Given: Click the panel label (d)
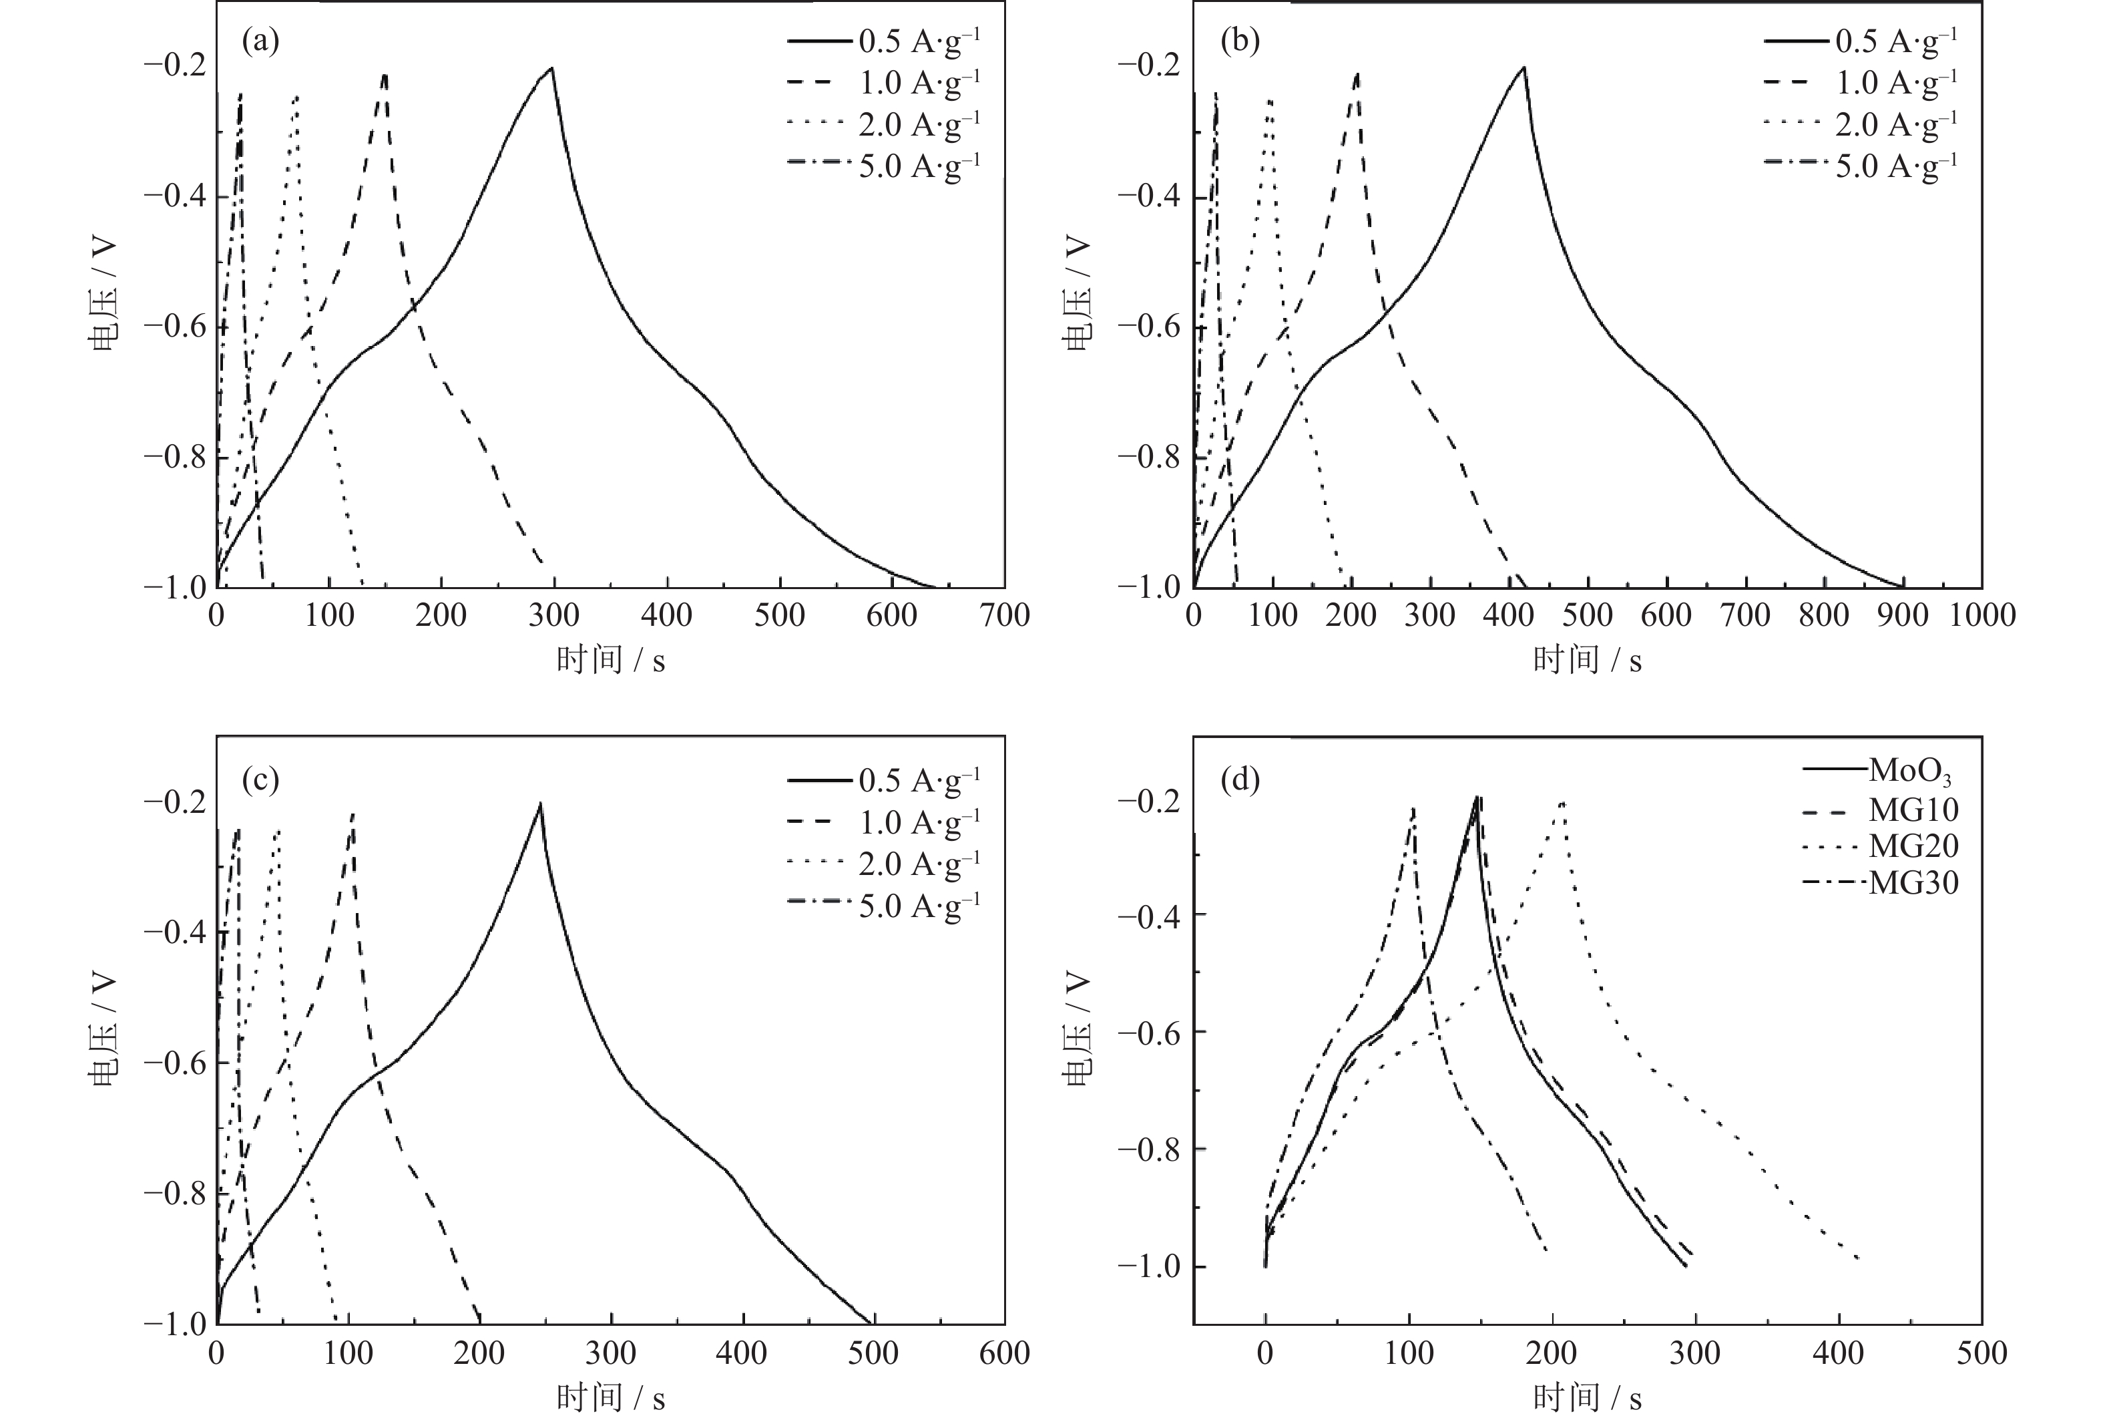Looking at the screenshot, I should pos(1240,779).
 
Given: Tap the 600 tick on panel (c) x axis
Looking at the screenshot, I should pos(1005,1354).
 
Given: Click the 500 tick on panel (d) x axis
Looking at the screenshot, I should pos(1981,1354).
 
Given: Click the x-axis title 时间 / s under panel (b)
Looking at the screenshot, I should pos(1587,661).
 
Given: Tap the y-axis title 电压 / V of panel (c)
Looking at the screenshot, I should pos(103,1030).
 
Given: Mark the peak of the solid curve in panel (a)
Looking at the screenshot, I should pos(551,68).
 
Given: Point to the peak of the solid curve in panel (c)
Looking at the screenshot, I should pos(540,804).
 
